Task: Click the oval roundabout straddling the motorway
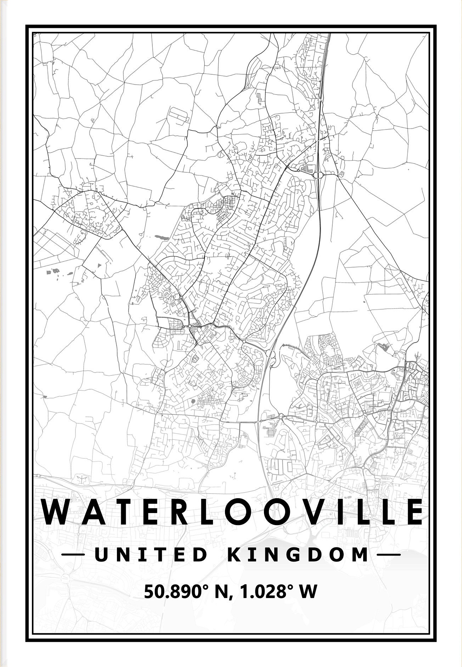[318, 174]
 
